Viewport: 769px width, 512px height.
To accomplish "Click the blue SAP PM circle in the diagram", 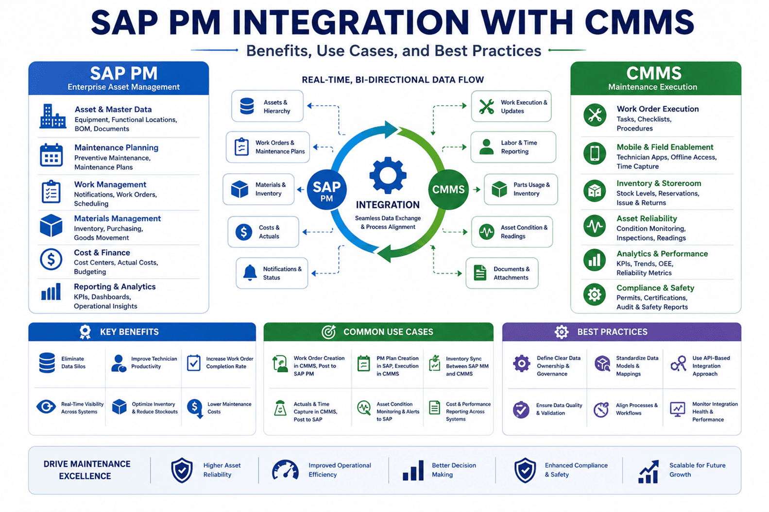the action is [326, 190].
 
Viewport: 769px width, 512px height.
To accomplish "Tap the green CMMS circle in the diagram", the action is [448, 190].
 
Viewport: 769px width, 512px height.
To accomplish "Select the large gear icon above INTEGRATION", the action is [388, 176].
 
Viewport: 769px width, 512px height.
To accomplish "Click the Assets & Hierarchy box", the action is [268, 106].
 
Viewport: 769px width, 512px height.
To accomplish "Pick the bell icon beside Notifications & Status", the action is [250, 273].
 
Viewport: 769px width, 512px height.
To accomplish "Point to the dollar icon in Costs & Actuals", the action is [244, 232].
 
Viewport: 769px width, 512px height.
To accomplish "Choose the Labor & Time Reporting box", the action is [513, 147].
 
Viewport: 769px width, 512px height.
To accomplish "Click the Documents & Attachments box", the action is [502, 273].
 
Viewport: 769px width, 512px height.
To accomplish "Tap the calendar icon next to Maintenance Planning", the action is [51, 155].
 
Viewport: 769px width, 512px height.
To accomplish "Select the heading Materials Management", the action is [118, 218].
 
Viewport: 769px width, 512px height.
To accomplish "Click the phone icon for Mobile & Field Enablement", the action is [595, 153].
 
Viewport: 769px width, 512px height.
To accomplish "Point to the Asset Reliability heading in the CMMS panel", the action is [647, 218].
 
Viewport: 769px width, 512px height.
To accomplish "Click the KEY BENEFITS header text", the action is [129, 332].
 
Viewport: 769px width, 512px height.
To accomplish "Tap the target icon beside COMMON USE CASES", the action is [328, 331].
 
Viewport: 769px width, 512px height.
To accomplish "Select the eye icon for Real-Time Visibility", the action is [46, 407].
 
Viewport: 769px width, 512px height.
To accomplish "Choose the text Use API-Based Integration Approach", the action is [711, 366].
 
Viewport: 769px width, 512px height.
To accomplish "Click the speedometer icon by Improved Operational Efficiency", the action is [285, 470].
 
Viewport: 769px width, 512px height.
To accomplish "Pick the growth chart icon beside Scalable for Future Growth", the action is [649, 472].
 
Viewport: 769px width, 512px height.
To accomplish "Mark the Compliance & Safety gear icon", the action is [594, 294].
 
